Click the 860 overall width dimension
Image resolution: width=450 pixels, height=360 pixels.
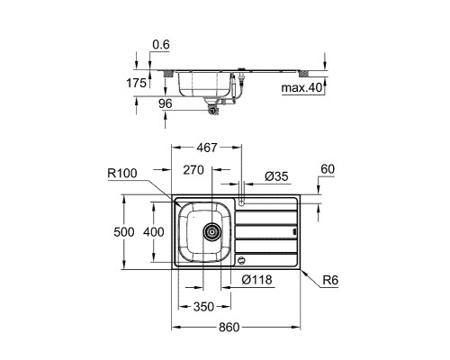[x=229, y=328]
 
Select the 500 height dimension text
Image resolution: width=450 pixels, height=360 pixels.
[x=124, y=232]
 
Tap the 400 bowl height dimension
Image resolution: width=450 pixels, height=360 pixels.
[x=154, y=232]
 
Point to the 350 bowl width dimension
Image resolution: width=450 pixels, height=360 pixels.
[x=203, y=307]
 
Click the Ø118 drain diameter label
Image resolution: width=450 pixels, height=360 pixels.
[x=256, y=280]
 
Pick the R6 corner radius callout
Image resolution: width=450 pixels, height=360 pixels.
[x=330, y=280]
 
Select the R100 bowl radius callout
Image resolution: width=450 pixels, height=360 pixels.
[x=122, y=173]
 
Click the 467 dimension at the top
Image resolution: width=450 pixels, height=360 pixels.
[x=206, y=148]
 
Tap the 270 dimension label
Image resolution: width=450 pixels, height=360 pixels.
[x=193, y=170]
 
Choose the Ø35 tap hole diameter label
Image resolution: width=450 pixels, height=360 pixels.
[x=276, y=176]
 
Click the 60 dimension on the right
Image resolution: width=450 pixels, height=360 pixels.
[x=328, y=169]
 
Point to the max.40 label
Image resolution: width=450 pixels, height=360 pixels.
[x=301, y=88]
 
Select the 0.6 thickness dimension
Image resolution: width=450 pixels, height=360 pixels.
[x=161, y=45]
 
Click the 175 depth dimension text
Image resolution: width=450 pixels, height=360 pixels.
[x=136, y=83]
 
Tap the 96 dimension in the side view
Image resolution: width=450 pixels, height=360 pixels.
[x=166, y=103]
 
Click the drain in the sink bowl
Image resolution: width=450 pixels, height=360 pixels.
[x=212, y=232]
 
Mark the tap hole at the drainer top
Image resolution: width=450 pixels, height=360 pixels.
[x=241, y=203]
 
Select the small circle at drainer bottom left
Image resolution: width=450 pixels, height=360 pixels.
[x=241, y=260]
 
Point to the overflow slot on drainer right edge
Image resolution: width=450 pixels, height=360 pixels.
[x=295, y=231]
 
